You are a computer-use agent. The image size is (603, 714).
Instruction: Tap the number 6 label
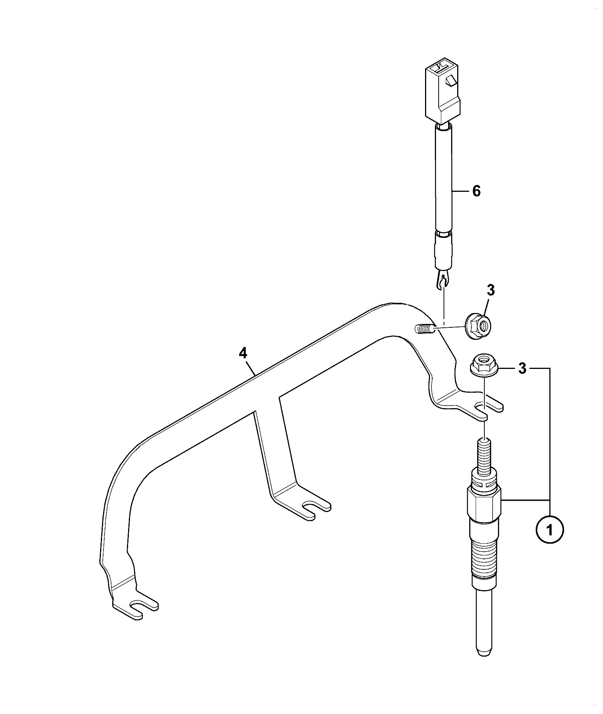click(476, 191)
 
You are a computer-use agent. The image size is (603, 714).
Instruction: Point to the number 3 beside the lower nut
click(522, 368)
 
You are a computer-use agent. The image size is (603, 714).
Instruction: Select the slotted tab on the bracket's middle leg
click(306, 506)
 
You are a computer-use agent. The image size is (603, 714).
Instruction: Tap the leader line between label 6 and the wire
click(461, 191)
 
